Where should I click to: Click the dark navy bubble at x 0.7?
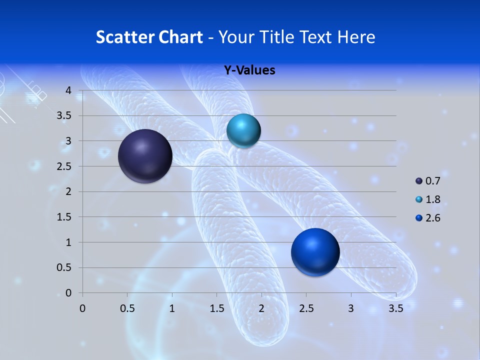pos(145,156)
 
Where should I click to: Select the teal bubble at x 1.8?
pos(243,130)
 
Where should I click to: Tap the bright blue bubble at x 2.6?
pos(315,252)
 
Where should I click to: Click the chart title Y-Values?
pos(249,70)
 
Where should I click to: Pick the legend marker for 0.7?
pos(419,180)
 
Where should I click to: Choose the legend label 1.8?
pos(433,199)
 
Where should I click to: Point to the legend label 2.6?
pos(433,218)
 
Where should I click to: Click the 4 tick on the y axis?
pos(68,90)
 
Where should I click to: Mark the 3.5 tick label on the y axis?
pos(64,116)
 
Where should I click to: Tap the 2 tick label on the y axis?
pos(68,192)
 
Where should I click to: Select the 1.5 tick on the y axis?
pos(64,217)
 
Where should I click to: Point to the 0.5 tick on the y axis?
pos(64,268)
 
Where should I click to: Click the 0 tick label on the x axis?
pos(83,308)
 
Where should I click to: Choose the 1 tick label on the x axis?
pos(172,308)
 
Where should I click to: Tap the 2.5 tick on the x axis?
pos(306,308)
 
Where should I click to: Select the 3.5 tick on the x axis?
pos(396,308)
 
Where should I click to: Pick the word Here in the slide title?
pos(356,37)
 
